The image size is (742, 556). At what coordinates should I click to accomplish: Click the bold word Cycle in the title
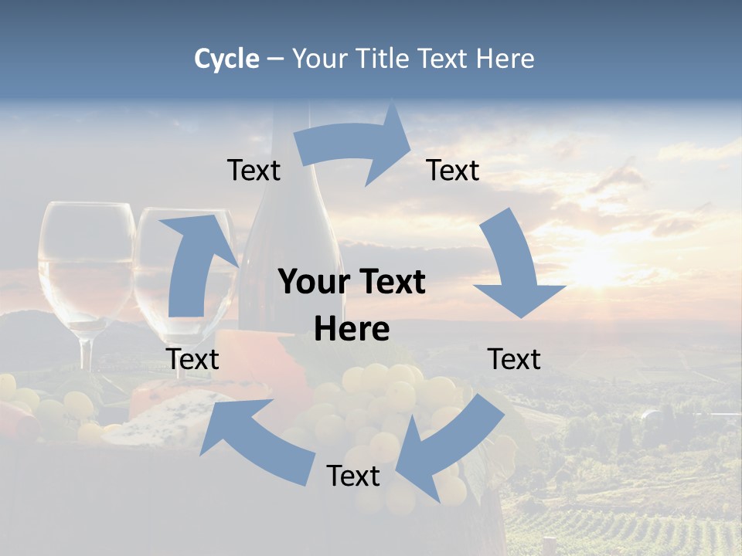click(226, 59)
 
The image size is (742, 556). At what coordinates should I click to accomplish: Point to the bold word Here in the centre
click(352, 330)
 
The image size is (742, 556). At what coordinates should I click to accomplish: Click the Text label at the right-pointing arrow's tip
click(453, 170)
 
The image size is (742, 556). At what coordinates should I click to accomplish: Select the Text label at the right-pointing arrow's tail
click(254, 170)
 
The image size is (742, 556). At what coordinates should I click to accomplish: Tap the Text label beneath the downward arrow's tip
click(514, 359)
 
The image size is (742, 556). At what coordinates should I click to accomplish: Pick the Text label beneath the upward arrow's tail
click(192, 359)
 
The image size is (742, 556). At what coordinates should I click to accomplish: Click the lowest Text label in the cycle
click(353, 476)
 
